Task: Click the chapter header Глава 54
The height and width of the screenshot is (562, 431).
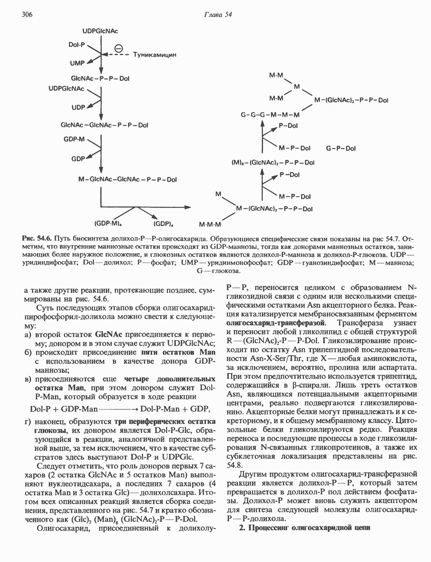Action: (x=218, y=14)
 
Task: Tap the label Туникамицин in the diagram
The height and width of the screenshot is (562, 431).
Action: (x=155, y=55)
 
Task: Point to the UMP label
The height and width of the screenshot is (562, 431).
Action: (x=77, y=63)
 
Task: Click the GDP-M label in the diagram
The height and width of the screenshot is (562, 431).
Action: (x=75, y=139)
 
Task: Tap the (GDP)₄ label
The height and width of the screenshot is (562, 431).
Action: (x=163, y=224)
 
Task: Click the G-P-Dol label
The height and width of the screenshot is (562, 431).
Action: (x=341, y=148)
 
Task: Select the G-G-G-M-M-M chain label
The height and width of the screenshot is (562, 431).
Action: (x=270, y=115)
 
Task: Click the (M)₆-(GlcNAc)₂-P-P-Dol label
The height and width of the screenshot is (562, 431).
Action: (x=273, y=163)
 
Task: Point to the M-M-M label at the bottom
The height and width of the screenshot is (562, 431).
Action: (x=210, y=225)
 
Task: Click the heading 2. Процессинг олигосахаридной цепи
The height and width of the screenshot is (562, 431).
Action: (x=304, y=528)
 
